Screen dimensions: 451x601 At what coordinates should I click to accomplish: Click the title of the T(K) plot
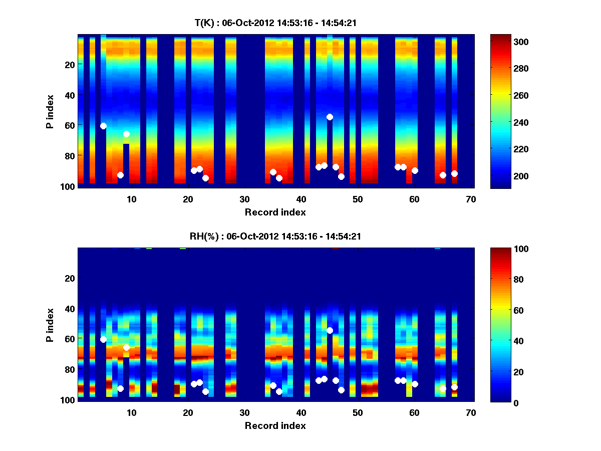point(275,23)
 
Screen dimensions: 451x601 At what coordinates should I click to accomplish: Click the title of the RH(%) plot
point(275,236)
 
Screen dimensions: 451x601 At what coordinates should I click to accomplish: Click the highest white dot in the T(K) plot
point(330,117)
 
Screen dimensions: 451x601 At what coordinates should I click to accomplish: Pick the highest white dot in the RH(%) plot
point(330,330)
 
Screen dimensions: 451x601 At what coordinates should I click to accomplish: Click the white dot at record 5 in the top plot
point(103,126)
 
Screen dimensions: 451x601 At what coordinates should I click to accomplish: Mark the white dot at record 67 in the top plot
point(454,173)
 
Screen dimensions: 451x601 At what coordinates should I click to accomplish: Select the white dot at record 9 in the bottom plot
point(126,347)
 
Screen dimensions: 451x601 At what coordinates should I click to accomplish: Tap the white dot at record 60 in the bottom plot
point(415,384)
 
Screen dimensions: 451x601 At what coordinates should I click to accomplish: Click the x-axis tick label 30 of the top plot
point(244,199)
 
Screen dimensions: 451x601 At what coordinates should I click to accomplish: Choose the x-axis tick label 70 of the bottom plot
point(471,413)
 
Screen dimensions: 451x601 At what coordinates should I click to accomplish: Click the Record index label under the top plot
point(275,212)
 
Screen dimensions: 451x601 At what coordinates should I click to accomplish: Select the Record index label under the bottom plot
point(275,425)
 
